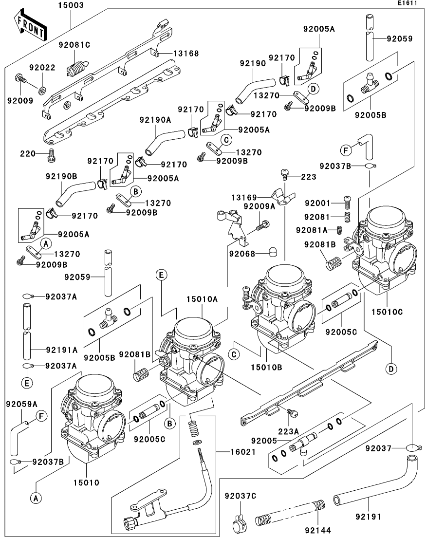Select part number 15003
(x=71, y=5)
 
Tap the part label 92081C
(x=74, y=45)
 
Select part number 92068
(x=243, y=253)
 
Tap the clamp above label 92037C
(x=239, y=513)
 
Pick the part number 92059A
(x=21, y=404)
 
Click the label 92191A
(x=62, y=349)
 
